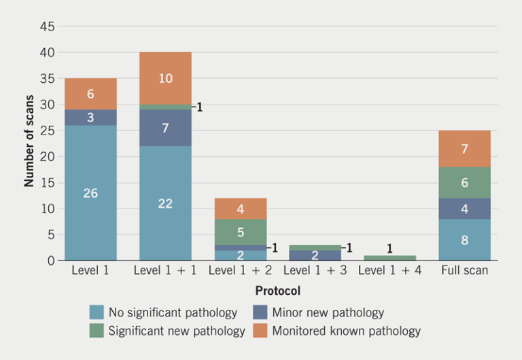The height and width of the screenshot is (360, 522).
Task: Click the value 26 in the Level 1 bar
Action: coord(90,194)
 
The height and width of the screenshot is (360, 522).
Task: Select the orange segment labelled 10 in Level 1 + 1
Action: coord(165,78)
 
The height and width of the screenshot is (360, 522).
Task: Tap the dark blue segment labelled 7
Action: coord(165,128)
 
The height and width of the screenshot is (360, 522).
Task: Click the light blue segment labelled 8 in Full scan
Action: coord(464,240)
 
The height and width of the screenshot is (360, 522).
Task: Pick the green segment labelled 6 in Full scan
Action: coord(464,183)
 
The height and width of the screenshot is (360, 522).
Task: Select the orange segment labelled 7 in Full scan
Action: coord(464,149)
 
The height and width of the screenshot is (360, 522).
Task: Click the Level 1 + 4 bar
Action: coord(389,257)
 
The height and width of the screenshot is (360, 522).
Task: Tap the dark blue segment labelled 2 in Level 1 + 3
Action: coord(315,255)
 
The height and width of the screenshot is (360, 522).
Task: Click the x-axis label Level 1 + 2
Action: coord(240,271)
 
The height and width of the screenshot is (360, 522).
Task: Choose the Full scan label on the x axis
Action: coord(464,271)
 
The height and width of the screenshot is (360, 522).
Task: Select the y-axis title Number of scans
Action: coord(29,143)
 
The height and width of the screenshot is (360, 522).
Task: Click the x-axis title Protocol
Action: coord(277,291)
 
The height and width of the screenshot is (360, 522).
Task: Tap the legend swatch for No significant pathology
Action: coord(97,312)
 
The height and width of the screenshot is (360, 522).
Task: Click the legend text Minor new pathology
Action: coord(328,312)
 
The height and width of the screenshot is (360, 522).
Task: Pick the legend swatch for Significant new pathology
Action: coord(97,331)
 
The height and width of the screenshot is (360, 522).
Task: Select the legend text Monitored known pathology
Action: coord(346,331)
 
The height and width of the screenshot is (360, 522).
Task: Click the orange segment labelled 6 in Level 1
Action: coord(90,94)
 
